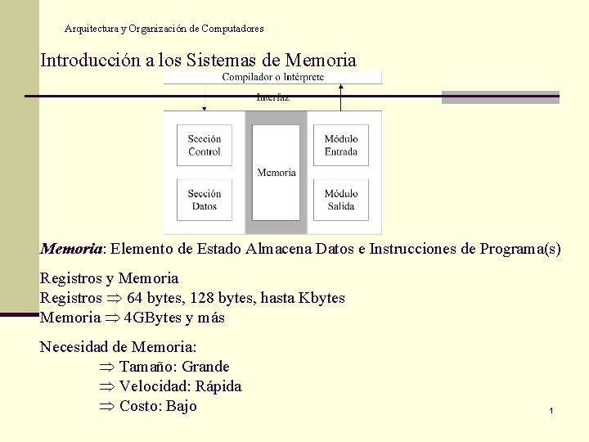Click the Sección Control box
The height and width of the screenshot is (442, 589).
pyautogui.click(x=205, y=146)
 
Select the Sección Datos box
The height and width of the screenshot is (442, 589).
pyautogui.click(x=205, y=200)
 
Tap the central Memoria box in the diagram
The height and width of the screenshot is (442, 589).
pyautogui.click(x=277, y=173)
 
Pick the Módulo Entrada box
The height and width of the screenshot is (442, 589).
pyautogui.click(x=341, y=146)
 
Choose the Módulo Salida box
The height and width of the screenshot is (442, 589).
pyautogui.click(x=341, y=200)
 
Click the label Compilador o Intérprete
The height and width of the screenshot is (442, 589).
pyautogui.click(x=273, y=77)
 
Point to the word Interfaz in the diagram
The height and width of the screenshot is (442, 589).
pyautogui.click(x=272, y=97)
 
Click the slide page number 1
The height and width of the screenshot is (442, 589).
pyautogui.click(x=552, y=409)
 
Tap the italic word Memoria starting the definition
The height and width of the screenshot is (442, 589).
pyautogui.click(x=71, y=249)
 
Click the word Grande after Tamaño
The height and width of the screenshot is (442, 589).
pyautogui.click(x=205, y=367)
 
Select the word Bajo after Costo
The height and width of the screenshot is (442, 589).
pyautogui.click(x=181, y=406)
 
